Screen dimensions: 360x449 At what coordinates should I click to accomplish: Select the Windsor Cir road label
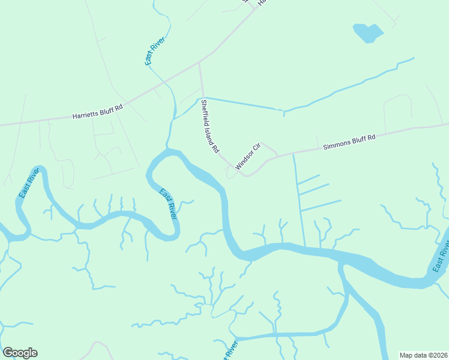pyautogui.click(x=247, y=156)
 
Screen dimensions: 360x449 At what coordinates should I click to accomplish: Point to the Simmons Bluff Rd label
pyautogui.click(x=349, y=142)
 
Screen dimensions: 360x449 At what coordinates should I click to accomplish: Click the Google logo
pyautogui.click(x=20, y=353)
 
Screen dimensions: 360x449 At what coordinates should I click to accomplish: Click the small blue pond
pyautogui.click(x=367, y=32)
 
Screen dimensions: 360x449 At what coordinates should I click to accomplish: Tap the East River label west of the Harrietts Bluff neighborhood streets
pyautogui.click(x=29, y=183)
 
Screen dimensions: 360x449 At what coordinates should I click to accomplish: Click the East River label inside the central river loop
pyautogui.click(x=168, y=203)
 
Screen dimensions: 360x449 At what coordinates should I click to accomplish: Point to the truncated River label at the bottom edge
pyautogui.click(x=231, y=350)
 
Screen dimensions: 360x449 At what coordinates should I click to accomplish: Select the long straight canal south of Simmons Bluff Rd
pyautogui.click(x=299, y=201)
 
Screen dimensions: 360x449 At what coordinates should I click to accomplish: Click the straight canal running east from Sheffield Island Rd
pyautogui.click(x=243, y=103)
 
